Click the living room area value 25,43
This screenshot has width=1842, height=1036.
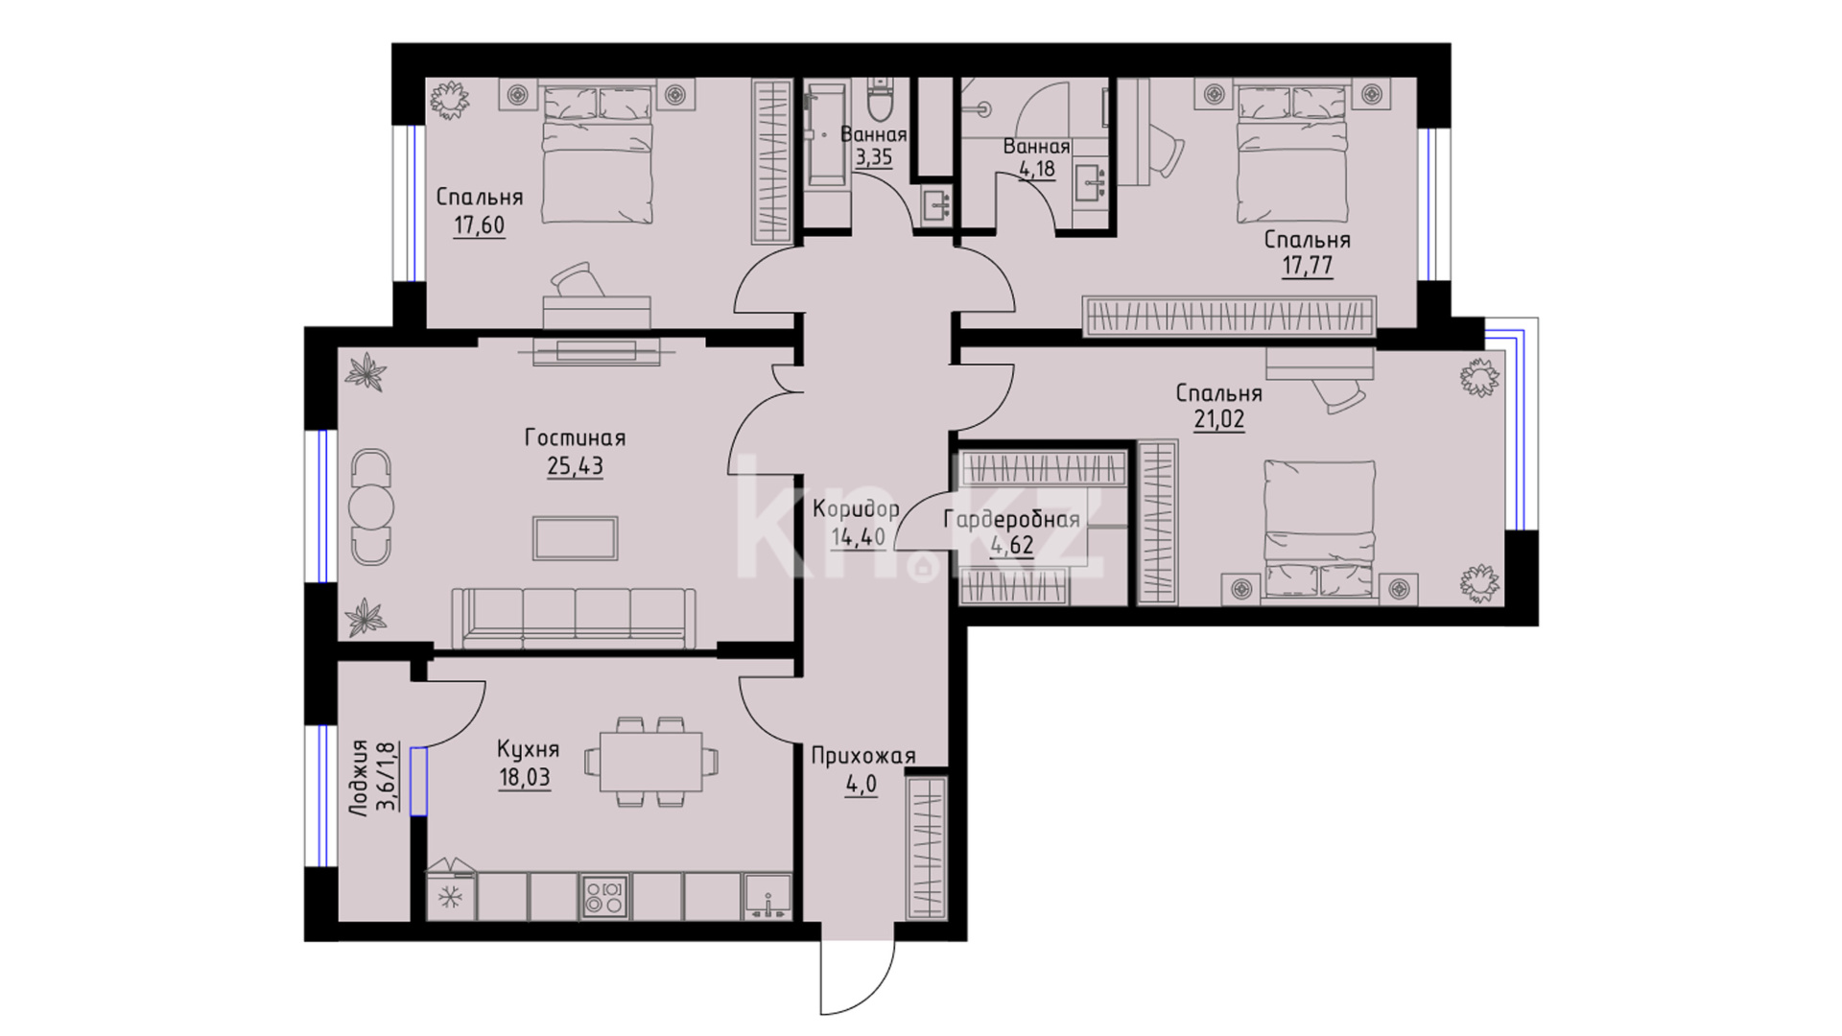[575, 466]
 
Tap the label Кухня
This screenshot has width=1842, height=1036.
[528, 749]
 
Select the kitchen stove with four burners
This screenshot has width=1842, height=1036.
[604, 896]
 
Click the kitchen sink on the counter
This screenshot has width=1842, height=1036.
[767, 897]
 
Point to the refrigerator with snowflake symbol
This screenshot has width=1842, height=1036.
[450, 896]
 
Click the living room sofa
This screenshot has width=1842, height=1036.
[575, 618]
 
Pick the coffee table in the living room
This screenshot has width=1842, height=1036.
[576, 538]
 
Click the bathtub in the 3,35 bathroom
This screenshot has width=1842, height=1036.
[827, 133]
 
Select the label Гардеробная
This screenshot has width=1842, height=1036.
[1011, 520]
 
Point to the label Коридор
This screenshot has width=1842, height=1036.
[856, 509]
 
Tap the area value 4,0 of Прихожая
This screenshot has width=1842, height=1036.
[862, 786]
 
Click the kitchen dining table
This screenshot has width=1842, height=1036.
[651, 763]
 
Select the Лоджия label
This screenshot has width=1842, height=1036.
[359, 776]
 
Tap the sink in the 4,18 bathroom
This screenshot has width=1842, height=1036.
[1092, 179]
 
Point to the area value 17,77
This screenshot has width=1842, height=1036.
[1308, 266]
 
